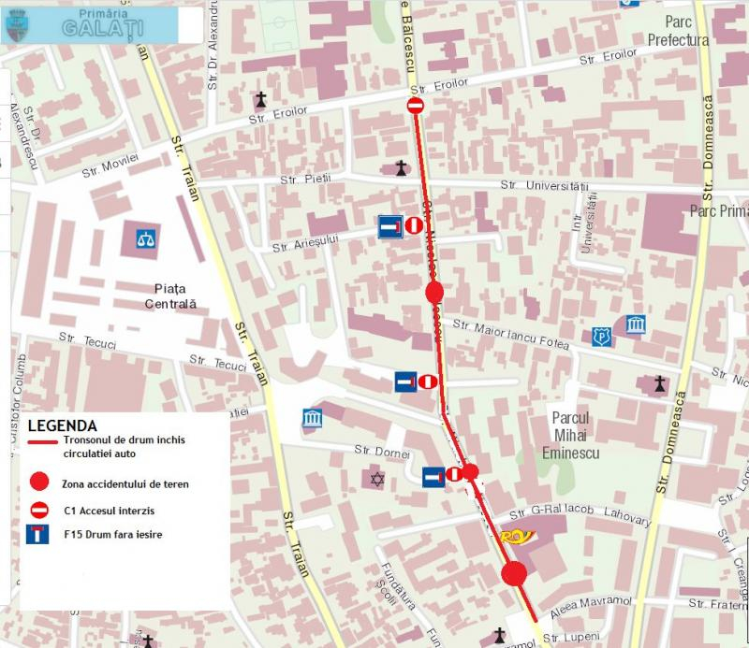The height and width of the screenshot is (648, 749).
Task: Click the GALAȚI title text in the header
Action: [x=103, y=28]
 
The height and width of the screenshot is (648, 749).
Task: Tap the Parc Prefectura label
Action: [x=677, y=31]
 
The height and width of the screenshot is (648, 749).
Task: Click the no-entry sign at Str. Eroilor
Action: [x=417, y=107]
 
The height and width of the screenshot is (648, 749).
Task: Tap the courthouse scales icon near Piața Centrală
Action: [x=146, y=238]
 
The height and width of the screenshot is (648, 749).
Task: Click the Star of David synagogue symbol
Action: [x=377, y=480]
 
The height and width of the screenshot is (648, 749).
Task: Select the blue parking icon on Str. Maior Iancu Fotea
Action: [x=601, y=337]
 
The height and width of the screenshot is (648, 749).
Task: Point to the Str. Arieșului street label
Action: [x=303, y=244]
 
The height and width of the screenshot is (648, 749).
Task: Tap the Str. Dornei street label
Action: [x=383, y=452]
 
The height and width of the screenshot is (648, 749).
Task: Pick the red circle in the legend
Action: [x=38, y=483]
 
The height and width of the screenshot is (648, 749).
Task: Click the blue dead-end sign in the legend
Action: [x=38, y=538]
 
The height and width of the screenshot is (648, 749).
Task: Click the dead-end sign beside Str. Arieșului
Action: [x=390, y=226]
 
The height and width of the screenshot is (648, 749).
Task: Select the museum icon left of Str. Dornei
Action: [x=312, y=417]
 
